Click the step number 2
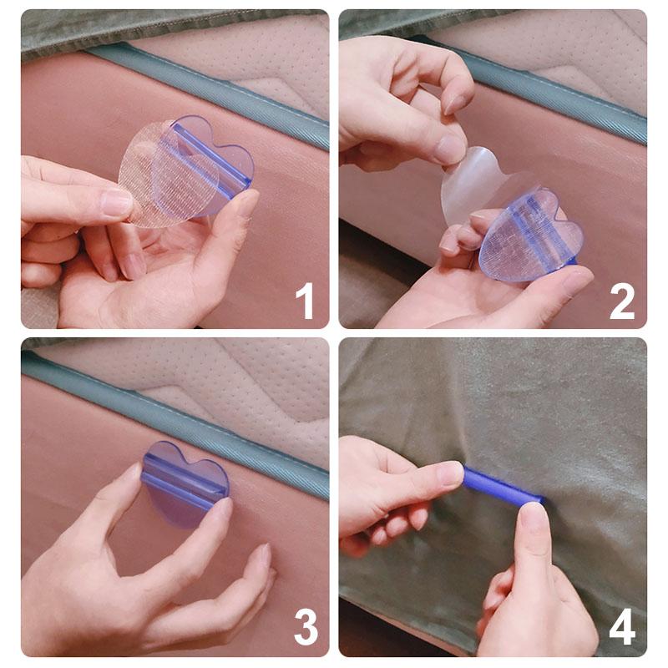[x=622, y=301]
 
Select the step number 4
[x=622, y=628]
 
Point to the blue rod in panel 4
[x=501, y=488]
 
